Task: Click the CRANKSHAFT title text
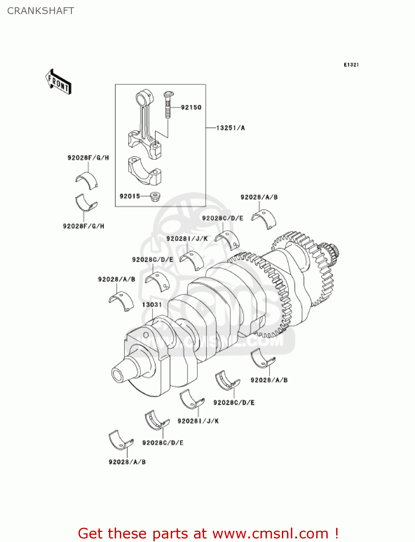click(x=41, y=11)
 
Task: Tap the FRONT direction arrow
click(x=58, y=82)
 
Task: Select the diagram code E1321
click(x=351, y=65)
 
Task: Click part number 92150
click(x=191, y=107)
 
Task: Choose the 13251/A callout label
click(x=230, y=128)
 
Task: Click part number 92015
click(x=130, y=196)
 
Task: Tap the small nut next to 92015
click(x=155, y=197)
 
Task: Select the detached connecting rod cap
click(x=144, y=170)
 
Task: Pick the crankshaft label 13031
click(x=152, y=305)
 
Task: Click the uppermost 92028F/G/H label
click(x=88, y=158)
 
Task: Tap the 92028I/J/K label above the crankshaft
click(x=187, y=238)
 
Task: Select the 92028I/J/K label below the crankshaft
click(x=198, y=421)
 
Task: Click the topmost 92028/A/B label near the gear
click(x=259, y=197)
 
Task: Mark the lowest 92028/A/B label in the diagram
click(x=127, y=462)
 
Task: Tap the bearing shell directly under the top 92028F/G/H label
click(x=87, y=180)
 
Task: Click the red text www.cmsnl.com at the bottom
click(x=270, y=534)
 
